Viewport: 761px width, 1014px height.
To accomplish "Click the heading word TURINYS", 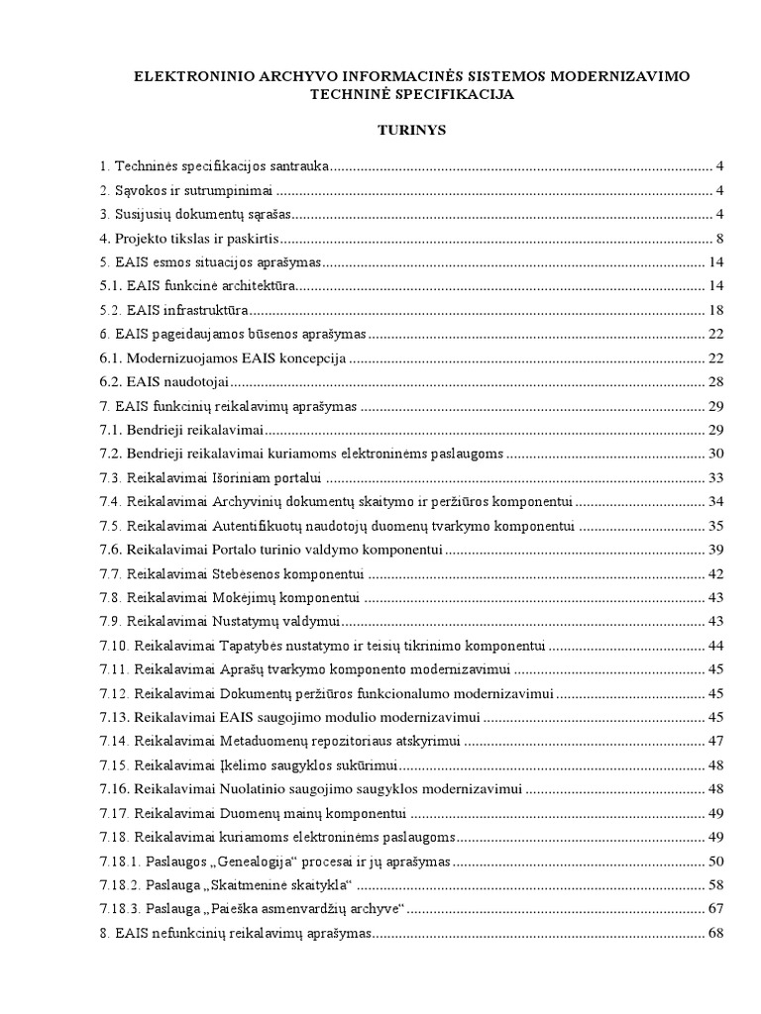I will (x=380, y=130).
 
